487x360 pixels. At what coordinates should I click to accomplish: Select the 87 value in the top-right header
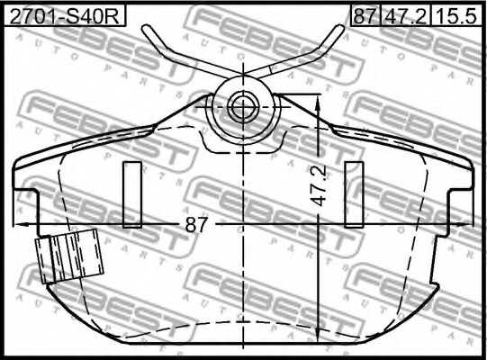point(364,14)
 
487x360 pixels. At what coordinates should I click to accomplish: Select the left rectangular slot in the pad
point(132,193)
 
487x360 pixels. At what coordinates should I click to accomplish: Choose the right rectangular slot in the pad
point(354,193)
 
